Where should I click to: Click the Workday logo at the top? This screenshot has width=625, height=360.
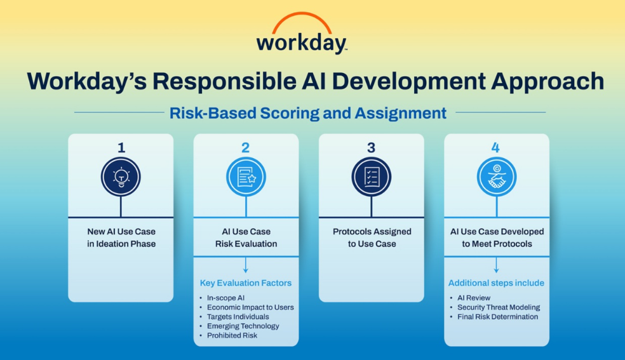point(302,34)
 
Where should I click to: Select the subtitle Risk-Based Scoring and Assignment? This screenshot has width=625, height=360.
point(307,113)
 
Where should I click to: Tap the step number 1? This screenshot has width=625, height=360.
point(121,148)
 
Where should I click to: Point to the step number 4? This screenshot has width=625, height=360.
point(495,148)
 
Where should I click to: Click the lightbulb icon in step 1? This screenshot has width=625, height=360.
point(121,177)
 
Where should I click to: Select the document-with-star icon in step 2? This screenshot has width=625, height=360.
point(246,177)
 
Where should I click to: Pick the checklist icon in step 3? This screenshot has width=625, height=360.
point(371,177)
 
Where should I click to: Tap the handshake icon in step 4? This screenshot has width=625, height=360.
point(497,177)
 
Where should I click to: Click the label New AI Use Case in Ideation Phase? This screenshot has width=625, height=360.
point(121,237)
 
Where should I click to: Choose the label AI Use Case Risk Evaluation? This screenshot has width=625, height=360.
point(246,237)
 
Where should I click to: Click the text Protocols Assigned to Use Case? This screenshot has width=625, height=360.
point(372,237)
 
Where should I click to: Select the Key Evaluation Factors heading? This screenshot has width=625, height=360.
point(246,283)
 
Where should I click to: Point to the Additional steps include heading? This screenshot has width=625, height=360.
point(496,283)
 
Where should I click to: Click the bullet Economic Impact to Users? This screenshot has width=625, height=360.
point(250,307)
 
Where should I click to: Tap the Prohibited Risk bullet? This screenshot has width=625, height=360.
point(232,336)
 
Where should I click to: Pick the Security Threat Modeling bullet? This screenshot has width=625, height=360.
point(499,307)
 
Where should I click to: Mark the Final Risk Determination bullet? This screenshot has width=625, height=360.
point(497,317)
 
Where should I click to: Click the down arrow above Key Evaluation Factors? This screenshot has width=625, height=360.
point(246,265)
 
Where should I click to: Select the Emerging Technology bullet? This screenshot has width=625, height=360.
point(243,326)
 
